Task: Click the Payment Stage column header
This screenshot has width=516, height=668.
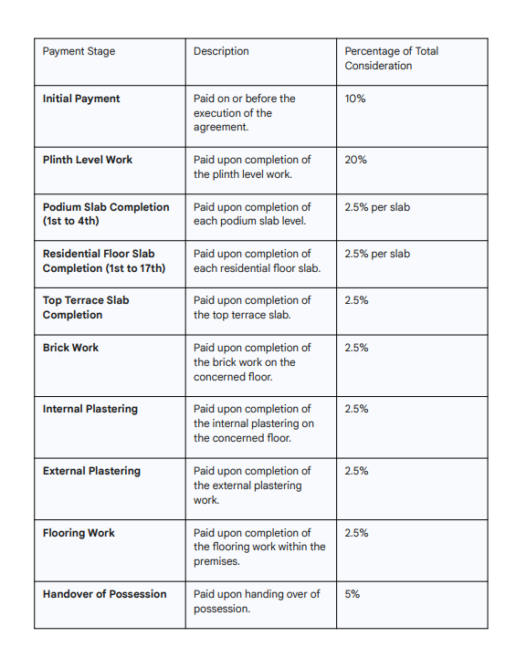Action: [79, 51]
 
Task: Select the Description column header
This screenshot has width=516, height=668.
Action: [221, 51]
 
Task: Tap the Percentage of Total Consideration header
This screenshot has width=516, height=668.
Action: [391, 58]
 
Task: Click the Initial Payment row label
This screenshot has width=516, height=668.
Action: [81, 99]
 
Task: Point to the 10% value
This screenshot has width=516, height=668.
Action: [355, 99]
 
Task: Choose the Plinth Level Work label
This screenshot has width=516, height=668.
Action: [88, 160]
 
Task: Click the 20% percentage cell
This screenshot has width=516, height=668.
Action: [355, 160]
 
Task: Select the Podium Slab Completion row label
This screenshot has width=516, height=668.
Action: [105, 214]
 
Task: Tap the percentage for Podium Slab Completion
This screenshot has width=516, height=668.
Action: [377, 207]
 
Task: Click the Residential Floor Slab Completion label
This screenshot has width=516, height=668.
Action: [103, 261]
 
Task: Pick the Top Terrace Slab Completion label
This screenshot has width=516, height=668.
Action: [86, 308]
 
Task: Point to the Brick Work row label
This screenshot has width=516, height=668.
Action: [70, 348]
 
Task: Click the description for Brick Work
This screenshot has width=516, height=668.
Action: [251, 362]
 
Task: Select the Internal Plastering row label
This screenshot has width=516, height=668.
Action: [90, 409]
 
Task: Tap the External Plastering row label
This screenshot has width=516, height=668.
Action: [91, 471]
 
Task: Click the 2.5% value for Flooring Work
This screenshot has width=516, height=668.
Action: [356, 533]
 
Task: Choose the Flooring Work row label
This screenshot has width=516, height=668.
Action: [79, 533]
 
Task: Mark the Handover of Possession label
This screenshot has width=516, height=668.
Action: [105, 594]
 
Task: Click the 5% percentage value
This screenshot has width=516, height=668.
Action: [353, 594]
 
